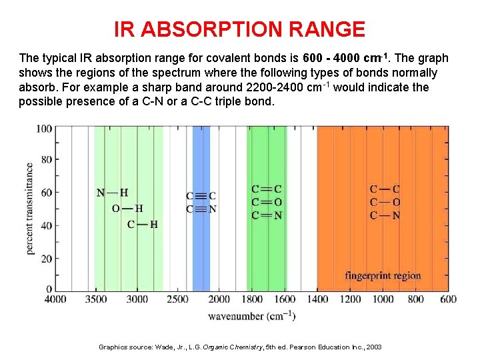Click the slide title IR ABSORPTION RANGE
tap(239, 29)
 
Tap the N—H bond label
tap(112, 193)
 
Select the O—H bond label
tap(127, 209)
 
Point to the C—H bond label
tap(142, 224)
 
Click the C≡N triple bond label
tap(201, 209)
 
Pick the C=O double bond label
tap(267, 202)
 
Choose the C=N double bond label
tap(267, 215)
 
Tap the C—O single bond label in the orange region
tap(385, 202)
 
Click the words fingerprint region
tap(383, 275)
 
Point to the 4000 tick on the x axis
tap(55, 299)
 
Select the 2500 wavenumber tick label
tap(178, 299)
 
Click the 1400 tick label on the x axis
tap(317, 299)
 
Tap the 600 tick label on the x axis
tap(448, 299)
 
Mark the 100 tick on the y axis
tap(45, 129)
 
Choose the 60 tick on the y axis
tap(47, 193)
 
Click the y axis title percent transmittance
tap(30, 208)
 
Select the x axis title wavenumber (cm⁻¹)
tap(251, 315)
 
